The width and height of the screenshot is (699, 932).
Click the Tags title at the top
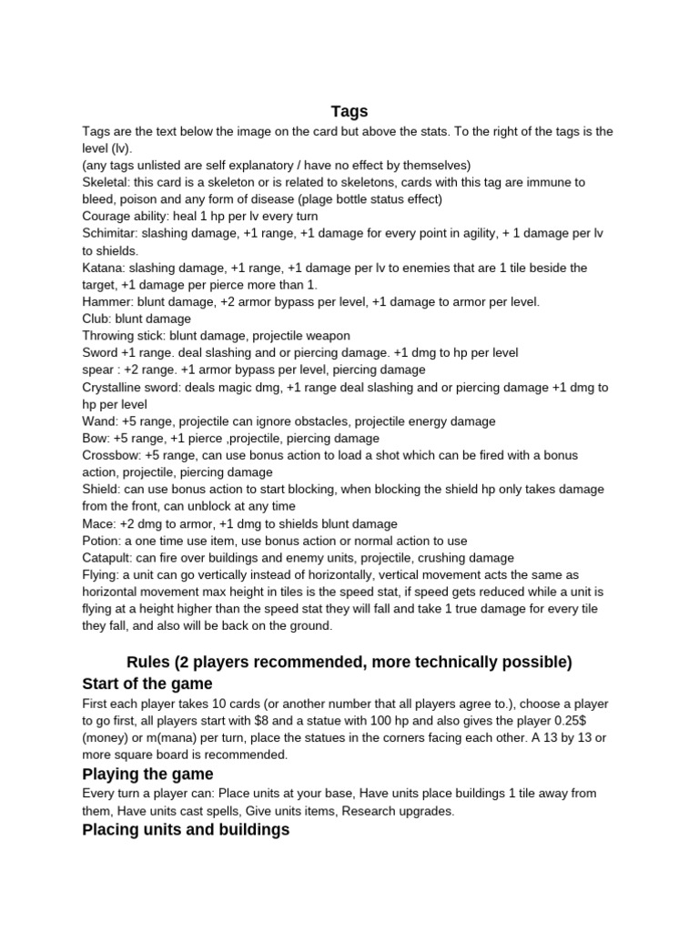click(x=349, y=111)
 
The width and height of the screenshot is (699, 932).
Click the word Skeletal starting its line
click(x=105, y=182)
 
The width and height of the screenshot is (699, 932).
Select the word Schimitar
click(x=110, y=234)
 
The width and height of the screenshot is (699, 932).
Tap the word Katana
click(x=103, y=268)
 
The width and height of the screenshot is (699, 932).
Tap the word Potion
click(x=102, y=541)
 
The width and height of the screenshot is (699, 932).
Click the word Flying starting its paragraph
click(x=101, y=574)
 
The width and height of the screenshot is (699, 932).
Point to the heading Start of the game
click(x=147, y=684)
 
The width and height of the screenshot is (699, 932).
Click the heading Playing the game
click(x=147, y=774)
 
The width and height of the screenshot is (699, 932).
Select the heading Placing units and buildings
click(x=186, y=829)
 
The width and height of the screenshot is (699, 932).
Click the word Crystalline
click(x=115, y=387)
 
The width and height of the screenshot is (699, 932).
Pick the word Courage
click(x=107, y=217)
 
